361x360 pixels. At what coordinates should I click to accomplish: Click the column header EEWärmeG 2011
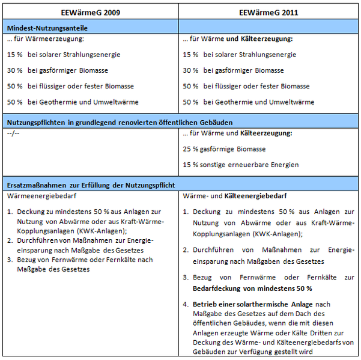pos(268,13)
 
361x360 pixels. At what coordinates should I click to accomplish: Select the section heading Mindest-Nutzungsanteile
pos(47,28)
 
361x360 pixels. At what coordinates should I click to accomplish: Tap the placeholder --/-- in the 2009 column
pos(13,133)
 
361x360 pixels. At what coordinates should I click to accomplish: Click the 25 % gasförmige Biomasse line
pos(225,149)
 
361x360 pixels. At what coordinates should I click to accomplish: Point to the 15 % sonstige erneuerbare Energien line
pos(240,165)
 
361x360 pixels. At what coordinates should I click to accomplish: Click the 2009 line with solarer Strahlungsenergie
pos(64,55)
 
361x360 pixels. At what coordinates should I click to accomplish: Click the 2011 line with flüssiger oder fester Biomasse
pos(247,87)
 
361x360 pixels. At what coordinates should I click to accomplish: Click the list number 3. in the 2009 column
pos(10,260)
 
